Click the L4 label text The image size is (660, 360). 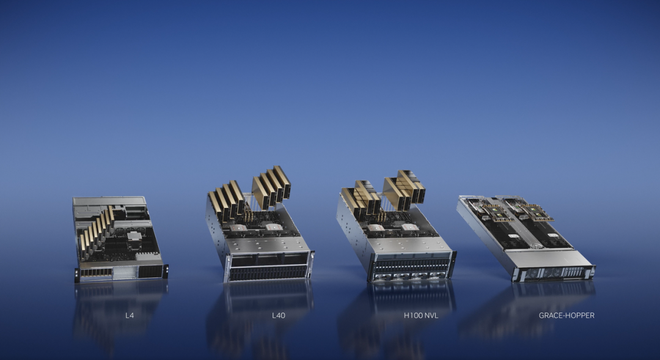pos(130,315)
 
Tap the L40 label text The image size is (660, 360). pos(279,315)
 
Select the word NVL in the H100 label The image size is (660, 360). pos(431,315)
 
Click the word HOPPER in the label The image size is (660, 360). pos(581,315)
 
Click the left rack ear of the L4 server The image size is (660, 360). pos(77,275)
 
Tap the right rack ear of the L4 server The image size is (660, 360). pos(166,271)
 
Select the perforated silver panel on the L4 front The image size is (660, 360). pos(125,273)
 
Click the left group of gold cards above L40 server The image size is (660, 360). pos(227,200)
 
